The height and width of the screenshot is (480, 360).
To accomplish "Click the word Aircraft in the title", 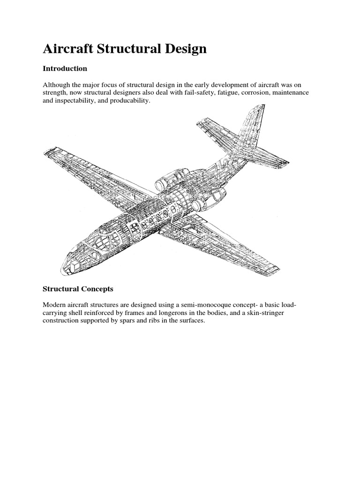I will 69,49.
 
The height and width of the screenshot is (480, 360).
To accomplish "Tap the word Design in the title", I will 183,49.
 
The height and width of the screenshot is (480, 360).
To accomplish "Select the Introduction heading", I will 65,68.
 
